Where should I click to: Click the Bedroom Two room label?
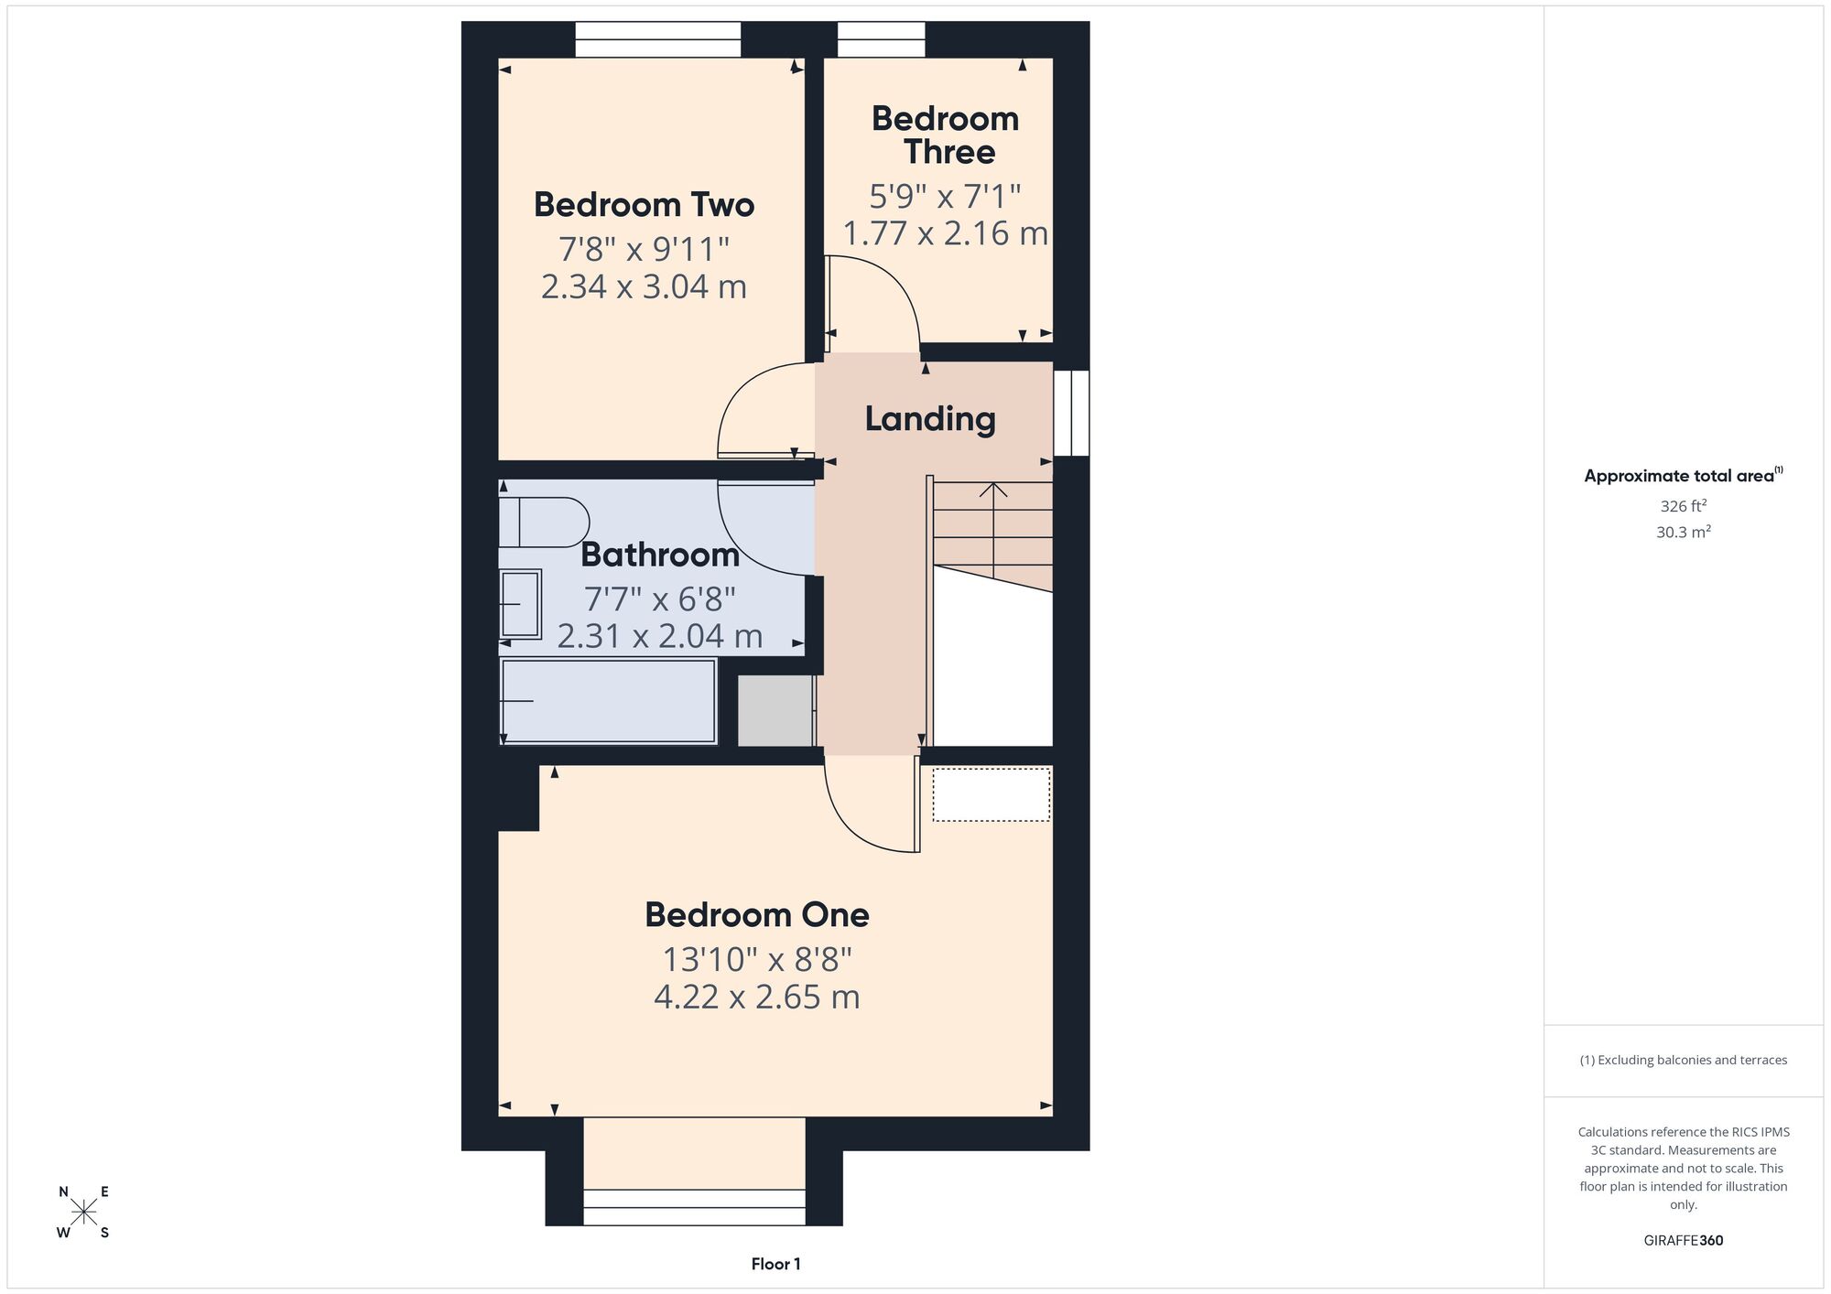(644, 204)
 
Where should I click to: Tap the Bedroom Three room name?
(946, 135)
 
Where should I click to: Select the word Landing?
(930, 419)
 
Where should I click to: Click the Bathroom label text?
(659, 555)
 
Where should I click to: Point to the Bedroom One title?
(757, 914)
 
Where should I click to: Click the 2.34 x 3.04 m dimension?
(644, 286)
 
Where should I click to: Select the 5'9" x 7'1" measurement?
(945, 196)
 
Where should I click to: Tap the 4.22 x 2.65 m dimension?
(757, 997)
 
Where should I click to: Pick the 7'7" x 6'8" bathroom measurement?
(659, 599)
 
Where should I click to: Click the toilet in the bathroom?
(543, 523)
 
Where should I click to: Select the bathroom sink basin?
(520, 604)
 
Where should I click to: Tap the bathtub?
(608, 701)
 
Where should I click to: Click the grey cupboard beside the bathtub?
(775, 710)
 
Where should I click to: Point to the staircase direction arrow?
(993, 531)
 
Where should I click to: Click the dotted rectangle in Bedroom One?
(991, 794)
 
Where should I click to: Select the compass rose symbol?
(84, 1213)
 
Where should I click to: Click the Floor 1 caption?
(775, 1264)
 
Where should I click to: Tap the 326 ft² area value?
(1683, 505)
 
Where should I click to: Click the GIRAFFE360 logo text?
(1683, 1240)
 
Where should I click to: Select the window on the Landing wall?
(1071, 413)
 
